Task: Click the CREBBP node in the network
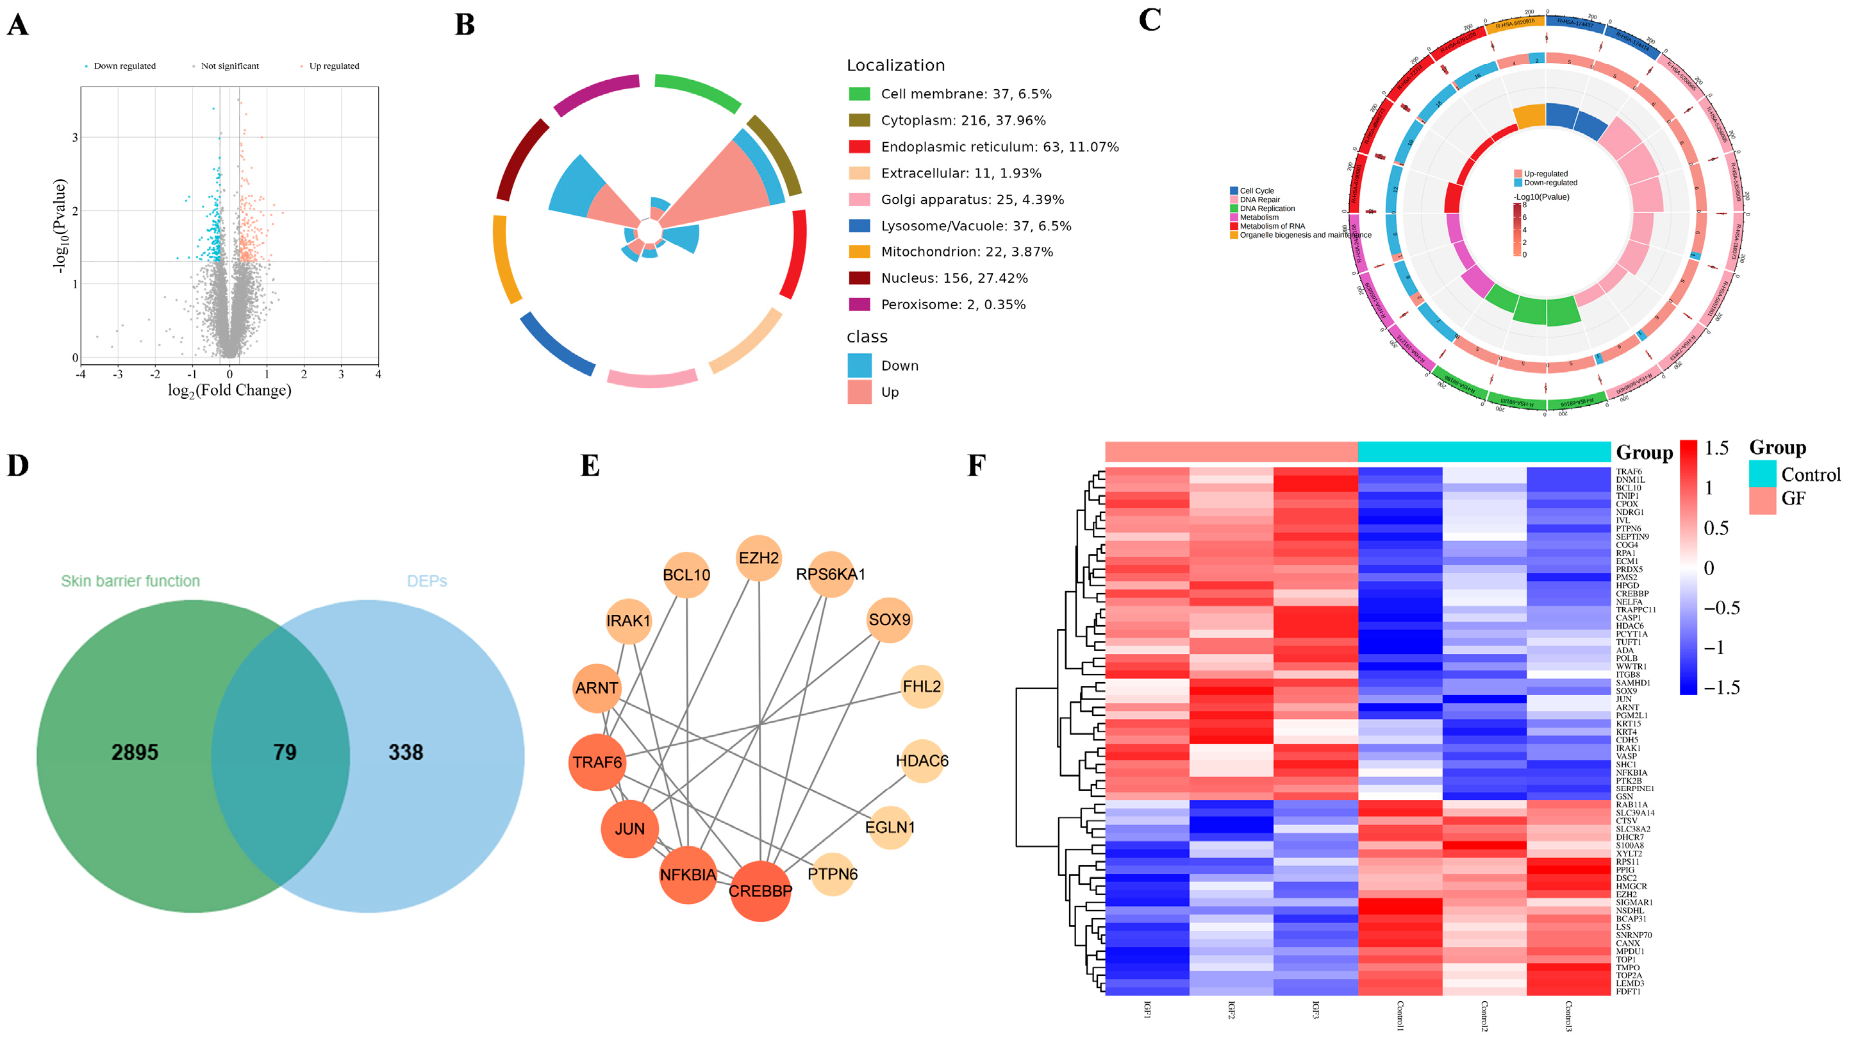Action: [x=760, y=891]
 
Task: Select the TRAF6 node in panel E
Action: [x=597, y=762]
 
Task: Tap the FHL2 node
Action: [x=921, y=687]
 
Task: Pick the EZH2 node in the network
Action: [x=759, y=558]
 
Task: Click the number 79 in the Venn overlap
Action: [x=285, y=753]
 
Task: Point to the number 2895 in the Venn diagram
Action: [x=135, y=753]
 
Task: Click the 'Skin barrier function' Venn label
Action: [x=130, y=581]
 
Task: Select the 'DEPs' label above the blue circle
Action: [x=427, y=581]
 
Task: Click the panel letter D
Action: [x=18, y=466]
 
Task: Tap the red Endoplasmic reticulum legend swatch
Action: [x=859, y=147]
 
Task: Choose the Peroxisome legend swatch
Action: [x=859, y=305]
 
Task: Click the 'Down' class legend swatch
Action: [x=859, y=366]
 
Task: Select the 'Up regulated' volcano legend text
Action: [x=334, y=66]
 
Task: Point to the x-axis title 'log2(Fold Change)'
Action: [x=229, y=390]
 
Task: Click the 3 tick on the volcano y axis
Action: [x=75, y=137]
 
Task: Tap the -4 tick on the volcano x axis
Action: [x=81, y=374]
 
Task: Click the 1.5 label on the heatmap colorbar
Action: [x=1716, y=449]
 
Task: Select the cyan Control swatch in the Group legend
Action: [x=1762, y=474]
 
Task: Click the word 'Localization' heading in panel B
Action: [x=895, y=65]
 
